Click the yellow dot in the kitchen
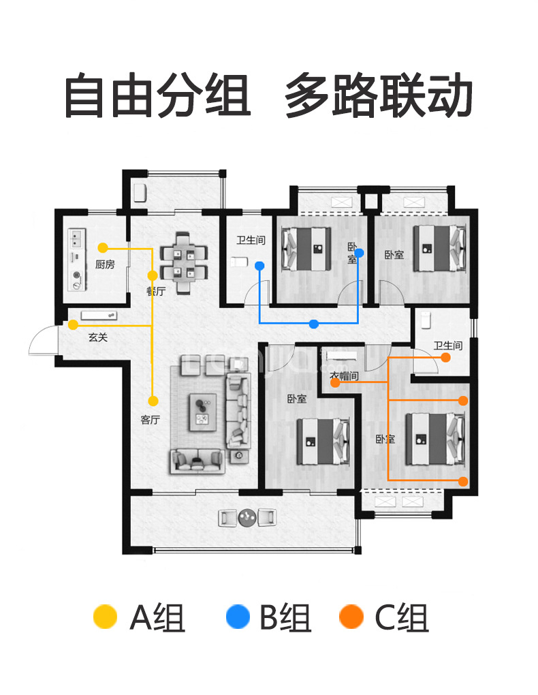click(x=102, y=247)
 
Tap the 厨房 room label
click(x=104, y=264)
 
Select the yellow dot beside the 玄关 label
click(x=73, y=326)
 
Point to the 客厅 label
click(x=150, y=420)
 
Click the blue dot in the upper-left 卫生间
click(x=259, y=265)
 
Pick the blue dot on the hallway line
click(x=313, y=324)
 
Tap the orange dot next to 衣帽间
click(x=335, y=384)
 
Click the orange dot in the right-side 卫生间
click(x=445, y=357)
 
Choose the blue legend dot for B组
click(x=238, y=617)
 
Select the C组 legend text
click(x=402, y=618)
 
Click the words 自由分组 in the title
click(x=157, y=96)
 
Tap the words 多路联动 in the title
click(x=379, y=96)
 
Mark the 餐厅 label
click(x=156, y=292)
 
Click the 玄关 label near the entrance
click(x=97, y=337)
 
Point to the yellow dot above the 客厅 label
click(x=153, y=401)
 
